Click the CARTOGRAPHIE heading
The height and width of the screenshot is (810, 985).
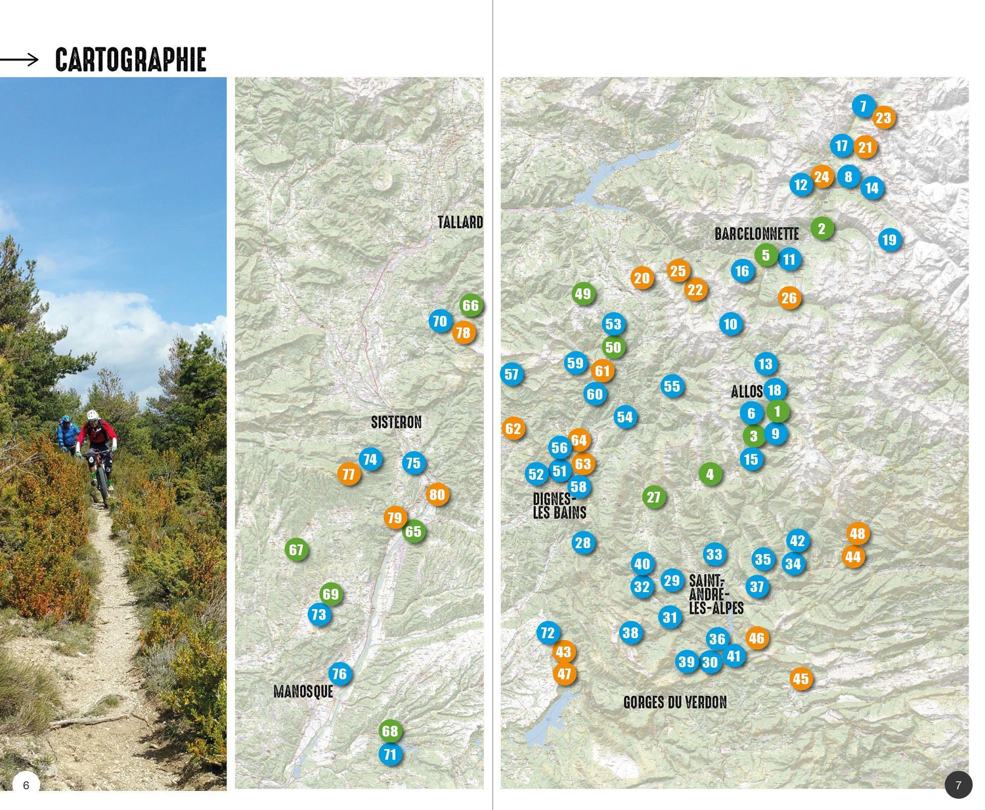(131, 60)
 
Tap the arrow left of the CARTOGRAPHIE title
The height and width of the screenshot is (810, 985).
(20, 60)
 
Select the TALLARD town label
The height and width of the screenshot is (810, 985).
(460, 223)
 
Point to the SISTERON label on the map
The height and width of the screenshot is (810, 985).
(396, 422)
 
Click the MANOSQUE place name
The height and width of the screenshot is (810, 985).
(303, 691)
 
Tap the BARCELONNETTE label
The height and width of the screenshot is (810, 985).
(756, 234)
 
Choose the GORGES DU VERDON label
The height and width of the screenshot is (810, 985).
(675, 702)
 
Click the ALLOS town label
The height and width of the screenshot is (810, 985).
(747, 392)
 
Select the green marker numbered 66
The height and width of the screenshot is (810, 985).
(470, 305)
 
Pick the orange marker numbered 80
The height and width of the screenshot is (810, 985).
(437, 494)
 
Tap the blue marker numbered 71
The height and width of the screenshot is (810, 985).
(390, 754)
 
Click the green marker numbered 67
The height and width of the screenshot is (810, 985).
(296, 549)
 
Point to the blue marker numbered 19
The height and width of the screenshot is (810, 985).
(889, 240)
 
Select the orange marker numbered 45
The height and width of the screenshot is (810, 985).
(800, 679)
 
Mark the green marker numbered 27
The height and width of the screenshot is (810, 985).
(653, 497)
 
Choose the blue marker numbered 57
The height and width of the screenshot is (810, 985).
(512, 374)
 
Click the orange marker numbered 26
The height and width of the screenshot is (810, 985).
(789, 298)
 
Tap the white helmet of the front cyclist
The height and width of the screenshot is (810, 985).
(93, 415)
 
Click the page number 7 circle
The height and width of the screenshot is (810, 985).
(958, 785)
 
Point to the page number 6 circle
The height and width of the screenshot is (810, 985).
(26, 785)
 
